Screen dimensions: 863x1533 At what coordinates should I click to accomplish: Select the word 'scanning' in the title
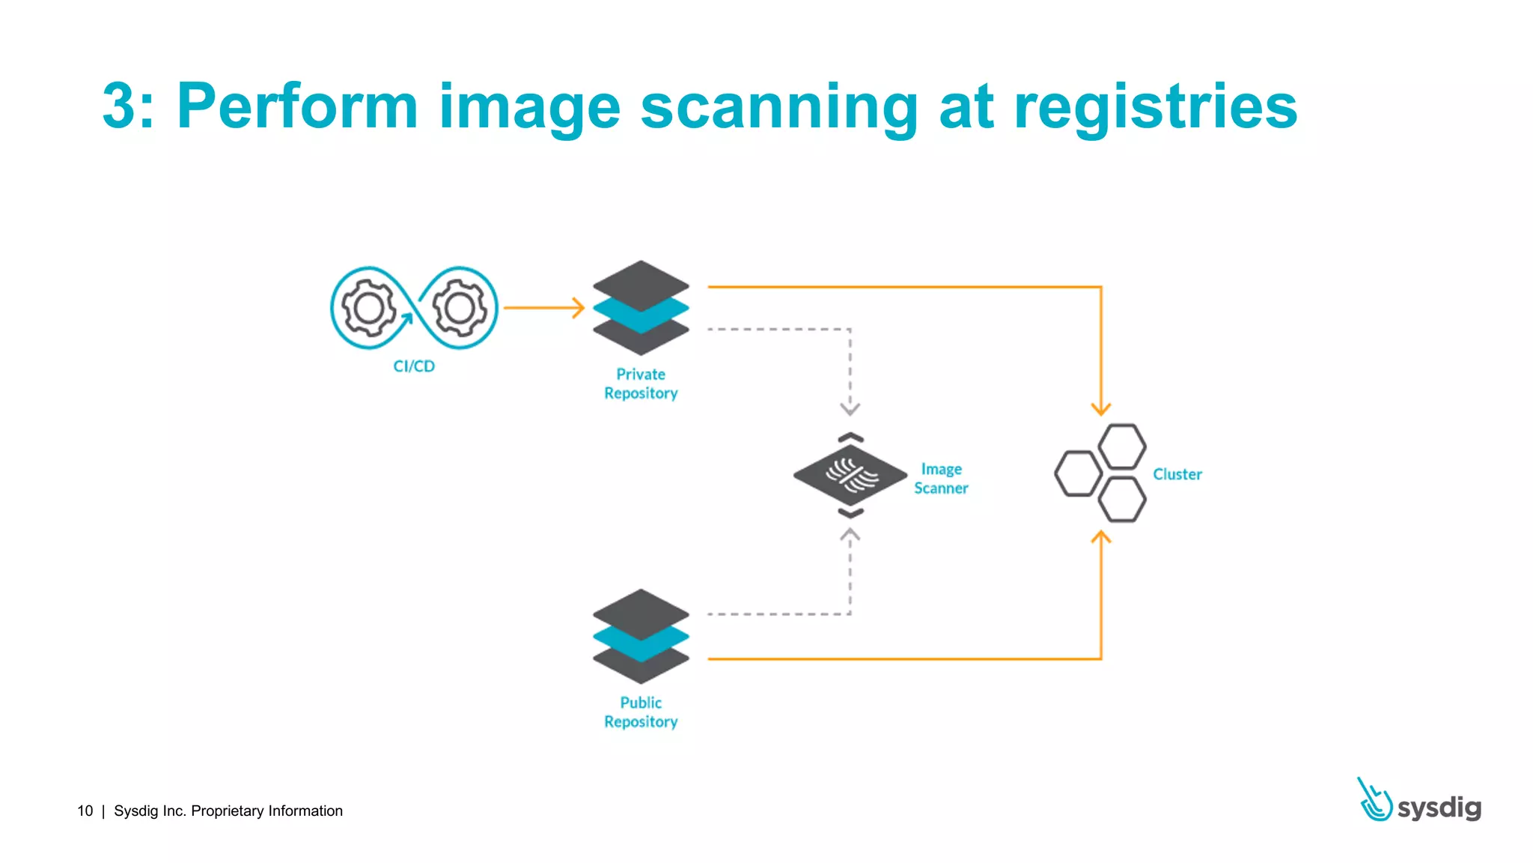click(778, 106)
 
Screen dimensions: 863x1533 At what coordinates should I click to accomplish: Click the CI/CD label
click(414, 366)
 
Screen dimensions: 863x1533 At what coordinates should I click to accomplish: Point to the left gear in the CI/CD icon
click(368, 307)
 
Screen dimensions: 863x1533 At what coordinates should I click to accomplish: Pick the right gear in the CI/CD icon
click(460, 307)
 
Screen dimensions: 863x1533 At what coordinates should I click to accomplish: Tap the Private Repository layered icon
click(641, 308)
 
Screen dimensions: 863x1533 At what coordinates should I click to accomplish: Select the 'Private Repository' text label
click(641, 384)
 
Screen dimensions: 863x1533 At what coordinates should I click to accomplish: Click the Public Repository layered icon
click(641, 636)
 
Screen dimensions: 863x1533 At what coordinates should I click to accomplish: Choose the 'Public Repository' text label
click(641, 712)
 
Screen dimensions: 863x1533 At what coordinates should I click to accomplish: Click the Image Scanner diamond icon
click(850, 475)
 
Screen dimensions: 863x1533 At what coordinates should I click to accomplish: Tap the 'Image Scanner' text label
click(941, 479)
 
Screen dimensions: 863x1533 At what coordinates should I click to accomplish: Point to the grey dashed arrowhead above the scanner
click(850, 409)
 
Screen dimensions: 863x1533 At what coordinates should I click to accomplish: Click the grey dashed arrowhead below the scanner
click(850, 535)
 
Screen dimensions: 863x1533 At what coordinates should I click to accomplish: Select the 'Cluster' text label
click(1177, 474)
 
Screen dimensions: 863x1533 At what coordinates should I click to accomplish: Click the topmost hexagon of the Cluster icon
click(1121, 446)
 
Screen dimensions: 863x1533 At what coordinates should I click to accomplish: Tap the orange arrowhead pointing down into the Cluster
click(1100, 409)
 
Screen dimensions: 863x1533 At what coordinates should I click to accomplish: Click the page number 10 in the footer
click(85, 811)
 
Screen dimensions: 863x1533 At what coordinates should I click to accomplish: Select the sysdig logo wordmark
click(1438, 807)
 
